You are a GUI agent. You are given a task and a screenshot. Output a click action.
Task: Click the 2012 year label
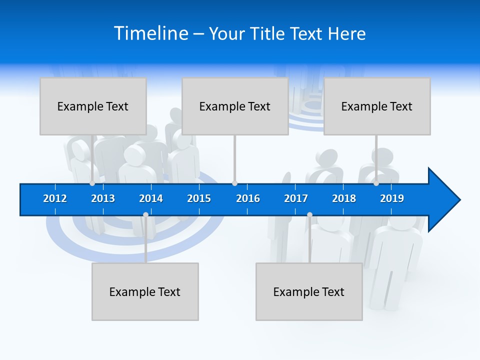tap(55, 198)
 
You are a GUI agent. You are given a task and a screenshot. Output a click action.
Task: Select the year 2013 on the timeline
tap(103, 198)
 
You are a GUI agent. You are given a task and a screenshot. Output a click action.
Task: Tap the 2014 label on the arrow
tap(151, 198)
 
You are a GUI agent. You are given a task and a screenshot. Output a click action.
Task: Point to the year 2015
tap(199, 198)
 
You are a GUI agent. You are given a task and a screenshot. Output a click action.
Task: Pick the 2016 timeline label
tap(248, 198)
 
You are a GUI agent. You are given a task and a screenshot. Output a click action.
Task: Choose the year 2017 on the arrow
tap(296, 198)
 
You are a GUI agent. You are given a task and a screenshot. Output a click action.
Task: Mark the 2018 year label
tap(344, 198)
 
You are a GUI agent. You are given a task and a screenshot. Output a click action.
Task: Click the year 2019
tap(392, 198)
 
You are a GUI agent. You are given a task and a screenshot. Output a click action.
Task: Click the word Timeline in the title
tap(150, 33)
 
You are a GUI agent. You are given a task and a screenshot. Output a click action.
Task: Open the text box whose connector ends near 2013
tap(93, 106)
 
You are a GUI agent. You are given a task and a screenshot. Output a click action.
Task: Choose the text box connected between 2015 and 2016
tap(235, 106)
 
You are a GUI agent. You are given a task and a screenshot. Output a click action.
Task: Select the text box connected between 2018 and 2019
tap(377, 106)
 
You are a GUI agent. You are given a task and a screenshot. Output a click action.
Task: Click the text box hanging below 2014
tap(145, 291)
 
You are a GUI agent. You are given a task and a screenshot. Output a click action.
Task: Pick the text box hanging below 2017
tap(309, 291)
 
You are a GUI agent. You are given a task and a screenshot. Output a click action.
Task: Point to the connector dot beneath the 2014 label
tap(145, 215)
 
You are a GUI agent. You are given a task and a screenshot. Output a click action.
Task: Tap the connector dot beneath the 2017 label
tap(309, 215)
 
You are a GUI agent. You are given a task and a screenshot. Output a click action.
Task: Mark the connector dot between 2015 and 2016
tap(234, 183)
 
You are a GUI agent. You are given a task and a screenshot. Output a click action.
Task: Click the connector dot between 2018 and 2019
tap(376, 183)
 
